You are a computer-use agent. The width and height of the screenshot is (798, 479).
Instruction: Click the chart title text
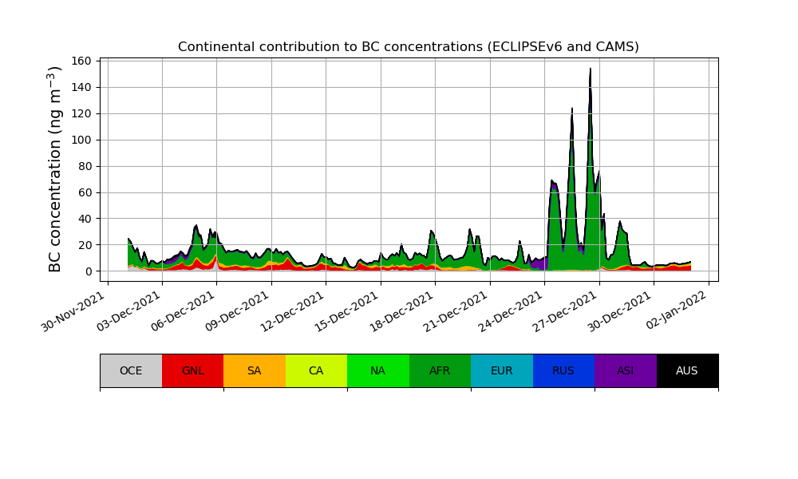coord(408,47)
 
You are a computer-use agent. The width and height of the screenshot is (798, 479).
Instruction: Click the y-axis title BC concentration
coord(55,169)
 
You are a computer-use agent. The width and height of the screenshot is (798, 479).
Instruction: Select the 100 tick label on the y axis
coord(83,140)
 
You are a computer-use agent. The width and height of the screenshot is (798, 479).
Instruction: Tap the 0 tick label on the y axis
coord(89,271)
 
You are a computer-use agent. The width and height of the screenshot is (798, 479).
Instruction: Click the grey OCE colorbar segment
coord(131,370)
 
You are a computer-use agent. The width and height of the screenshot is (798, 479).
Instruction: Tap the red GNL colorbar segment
coord(192,370)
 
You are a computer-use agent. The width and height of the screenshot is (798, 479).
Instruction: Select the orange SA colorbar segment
coord(255,370)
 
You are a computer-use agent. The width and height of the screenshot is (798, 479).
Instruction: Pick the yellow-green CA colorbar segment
coord(316,370)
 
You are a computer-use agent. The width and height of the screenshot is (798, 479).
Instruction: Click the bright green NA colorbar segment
coord(378,370)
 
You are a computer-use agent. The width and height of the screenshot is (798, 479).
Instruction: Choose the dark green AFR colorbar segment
coord(440,370)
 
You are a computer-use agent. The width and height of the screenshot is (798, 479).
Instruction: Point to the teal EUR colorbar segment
coord(502,370)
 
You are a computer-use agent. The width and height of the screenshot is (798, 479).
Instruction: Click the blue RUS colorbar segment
coord(563,370)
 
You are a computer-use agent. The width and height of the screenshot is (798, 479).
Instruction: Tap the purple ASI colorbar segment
coord(626,370)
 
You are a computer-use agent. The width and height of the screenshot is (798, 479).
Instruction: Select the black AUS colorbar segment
coord(687,370)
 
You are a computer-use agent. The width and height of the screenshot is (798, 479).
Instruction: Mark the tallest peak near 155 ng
coord(591,69)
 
